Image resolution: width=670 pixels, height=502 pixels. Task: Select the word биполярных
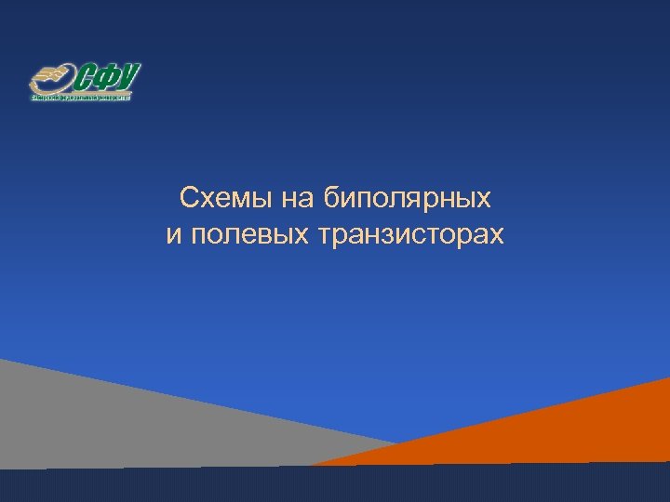pos(409,198)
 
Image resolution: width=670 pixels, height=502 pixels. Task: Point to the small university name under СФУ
pos(82,95)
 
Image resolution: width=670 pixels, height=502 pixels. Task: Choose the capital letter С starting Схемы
pos(188,197)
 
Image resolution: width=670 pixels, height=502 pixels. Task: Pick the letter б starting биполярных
pos(332,197)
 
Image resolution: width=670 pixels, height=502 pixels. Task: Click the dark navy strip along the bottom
pos(335,485)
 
